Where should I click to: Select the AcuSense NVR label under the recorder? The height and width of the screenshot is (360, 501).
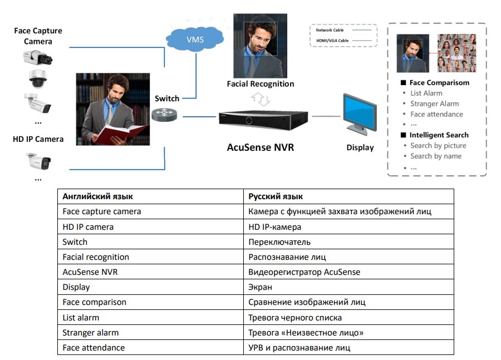coord(260,147)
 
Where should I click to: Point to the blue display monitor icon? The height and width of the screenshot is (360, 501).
coord(358,116)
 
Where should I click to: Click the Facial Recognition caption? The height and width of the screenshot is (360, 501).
coord(260,84)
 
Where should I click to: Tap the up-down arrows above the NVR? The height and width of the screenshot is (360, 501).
coord(261,99)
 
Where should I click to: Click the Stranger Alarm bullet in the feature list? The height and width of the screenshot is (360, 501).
coord(434,103)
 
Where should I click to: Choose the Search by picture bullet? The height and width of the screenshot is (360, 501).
coord(438,145)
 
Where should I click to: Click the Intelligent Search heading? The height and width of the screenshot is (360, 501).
coord(439,135)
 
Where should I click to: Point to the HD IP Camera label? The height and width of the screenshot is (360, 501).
coord(38,139)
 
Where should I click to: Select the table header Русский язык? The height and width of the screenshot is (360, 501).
coord(276,196)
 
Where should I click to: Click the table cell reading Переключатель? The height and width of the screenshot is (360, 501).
coord(279,242)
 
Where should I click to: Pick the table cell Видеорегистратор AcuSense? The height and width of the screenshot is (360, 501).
coord(304,272)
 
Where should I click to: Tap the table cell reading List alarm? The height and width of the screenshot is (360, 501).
coord(81,318)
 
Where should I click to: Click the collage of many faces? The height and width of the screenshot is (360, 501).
coord(456,53)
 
